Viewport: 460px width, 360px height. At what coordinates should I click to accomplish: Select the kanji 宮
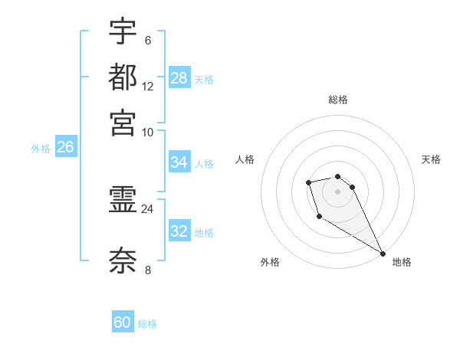[123, 123]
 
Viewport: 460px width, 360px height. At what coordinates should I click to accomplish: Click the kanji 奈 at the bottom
[123, 260]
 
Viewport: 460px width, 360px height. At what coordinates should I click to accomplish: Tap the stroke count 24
[148, 208]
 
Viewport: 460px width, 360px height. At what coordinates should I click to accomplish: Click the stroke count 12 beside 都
[148, 86]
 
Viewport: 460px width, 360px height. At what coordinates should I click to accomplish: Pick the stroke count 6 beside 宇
[147, 40]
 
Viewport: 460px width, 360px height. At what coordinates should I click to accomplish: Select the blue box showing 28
[179, 78]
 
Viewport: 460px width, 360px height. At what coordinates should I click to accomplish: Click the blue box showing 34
[179, 162]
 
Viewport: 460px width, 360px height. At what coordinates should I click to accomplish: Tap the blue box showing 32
[179, 231]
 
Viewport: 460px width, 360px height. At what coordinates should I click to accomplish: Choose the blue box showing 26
[65, 148]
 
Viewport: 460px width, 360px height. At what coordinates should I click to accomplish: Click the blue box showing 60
[123, 322]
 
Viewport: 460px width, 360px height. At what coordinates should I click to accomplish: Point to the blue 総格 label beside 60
[148, 324]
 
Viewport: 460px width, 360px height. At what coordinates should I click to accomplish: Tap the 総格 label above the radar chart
[338, 100]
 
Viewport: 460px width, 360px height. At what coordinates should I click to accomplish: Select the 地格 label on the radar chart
[402, 262]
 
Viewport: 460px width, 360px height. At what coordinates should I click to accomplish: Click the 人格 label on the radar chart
[245, 159]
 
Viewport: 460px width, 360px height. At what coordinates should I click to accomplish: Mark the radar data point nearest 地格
[383, 254]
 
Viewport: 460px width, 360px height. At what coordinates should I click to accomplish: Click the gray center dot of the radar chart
[337, 191]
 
